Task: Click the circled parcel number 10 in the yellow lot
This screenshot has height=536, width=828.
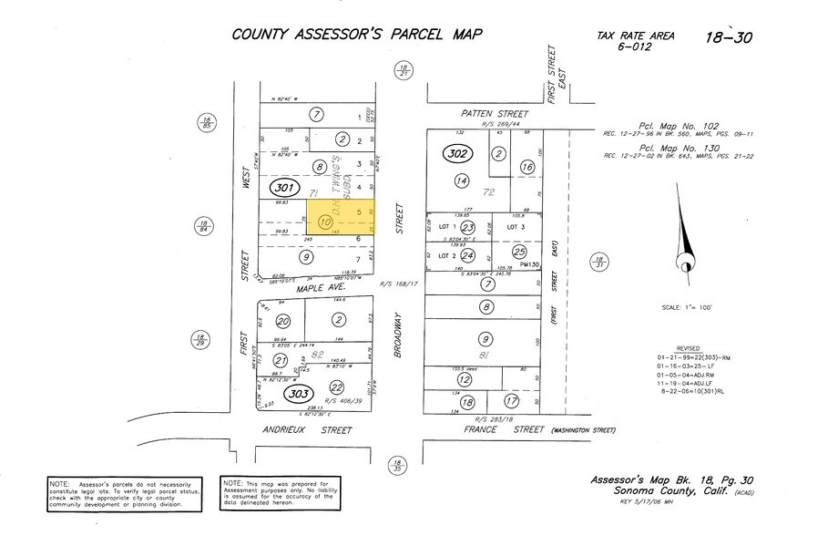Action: coord(325,221)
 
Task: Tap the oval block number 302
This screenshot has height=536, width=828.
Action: coord(457,154)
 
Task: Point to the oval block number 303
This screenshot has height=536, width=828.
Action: coord(297,394)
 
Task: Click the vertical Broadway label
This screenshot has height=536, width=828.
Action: coord(398,335)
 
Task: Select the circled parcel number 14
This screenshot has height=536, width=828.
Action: coord(462,182)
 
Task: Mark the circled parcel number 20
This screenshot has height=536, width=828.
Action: coord(283,321)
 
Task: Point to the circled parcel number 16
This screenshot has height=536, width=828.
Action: coord(527,167)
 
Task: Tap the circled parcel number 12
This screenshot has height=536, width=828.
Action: coord(465,378)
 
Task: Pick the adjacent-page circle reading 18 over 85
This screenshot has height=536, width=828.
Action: coord(208,123)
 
